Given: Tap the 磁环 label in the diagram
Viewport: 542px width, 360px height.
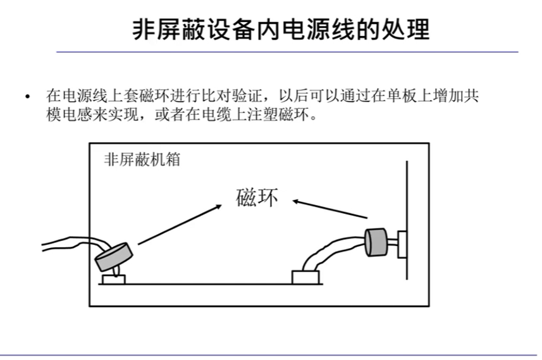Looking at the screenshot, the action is click(x=256, y=199).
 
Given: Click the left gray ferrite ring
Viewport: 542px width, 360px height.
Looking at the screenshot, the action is click(x=114, y=254).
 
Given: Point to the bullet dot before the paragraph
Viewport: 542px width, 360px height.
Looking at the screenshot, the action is click(x=27, y=97).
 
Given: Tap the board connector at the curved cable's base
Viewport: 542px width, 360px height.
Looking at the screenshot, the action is click(x=307, y=277).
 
